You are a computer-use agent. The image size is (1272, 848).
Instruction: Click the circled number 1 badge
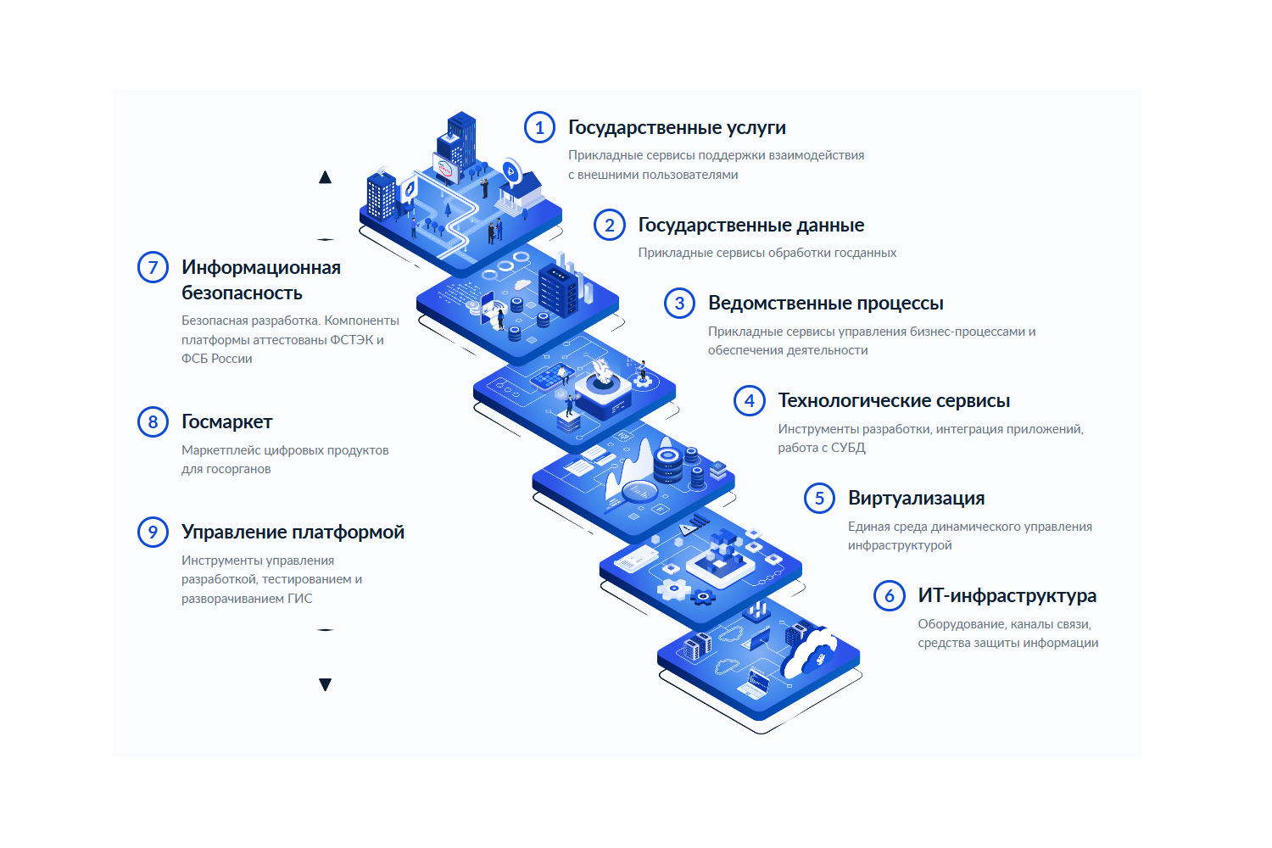pyautogui.click(x=539, y=127)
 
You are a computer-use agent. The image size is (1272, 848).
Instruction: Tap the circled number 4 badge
pyautogui.click(x=750, y=400)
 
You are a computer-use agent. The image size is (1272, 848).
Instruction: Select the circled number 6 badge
pyautogui.click(x=889, y=595)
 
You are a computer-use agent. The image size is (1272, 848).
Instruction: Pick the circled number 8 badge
pyautogui.click(x=153, y=421)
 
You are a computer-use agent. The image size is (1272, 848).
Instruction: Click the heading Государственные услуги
pyautogui.click(x=677, y=127)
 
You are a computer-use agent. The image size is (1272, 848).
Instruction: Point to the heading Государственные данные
pyautogui.click(x=750, y=225)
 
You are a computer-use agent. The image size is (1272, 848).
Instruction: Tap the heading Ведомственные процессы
pyautogui.click(x=825, y=303)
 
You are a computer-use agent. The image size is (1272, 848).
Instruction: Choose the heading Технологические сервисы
pyautogui.click(x=894, y=400)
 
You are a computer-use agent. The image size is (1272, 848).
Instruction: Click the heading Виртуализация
pyautogui.click(x=916, y=498)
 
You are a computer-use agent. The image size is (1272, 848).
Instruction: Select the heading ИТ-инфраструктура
pyautogui.click(x=1007, y=595)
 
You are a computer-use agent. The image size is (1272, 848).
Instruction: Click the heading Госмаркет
pyautogui.click(x=226, y=421)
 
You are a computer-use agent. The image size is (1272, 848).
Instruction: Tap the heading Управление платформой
pyautogui.click(x=293, y=532)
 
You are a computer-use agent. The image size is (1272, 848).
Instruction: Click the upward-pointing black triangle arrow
pyautogui.click(x=325, y=177)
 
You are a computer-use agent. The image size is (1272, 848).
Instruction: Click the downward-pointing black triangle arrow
pyautogui.click(x=325, y=684)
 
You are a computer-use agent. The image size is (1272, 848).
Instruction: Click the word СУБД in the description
pyautogui.click(x=848, y=448)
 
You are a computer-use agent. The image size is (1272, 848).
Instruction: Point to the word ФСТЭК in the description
pyautogui.click(x=352, y=340)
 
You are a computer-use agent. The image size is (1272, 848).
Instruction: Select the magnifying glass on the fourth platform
pyautogui.click(x=639, y=493)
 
